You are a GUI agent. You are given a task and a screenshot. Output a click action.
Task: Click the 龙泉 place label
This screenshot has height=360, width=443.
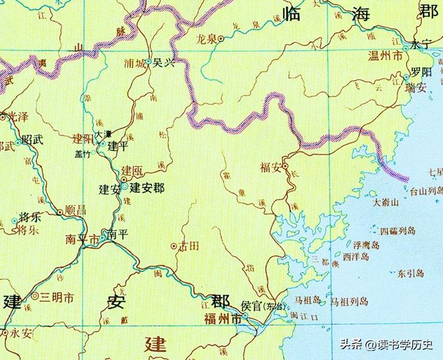(206, 39)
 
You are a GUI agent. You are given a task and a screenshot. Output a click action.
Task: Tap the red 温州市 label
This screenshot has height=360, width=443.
(386, 56)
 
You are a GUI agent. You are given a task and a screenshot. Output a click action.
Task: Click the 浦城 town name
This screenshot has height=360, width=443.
(134, 63)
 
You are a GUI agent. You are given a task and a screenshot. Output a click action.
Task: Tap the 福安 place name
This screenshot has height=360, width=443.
(270, 167)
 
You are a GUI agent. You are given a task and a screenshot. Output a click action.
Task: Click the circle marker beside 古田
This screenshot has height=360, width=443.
(174, 246)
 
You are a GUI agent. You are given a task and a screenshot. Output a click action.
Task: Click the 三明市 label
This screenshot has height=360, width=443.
(57, 298)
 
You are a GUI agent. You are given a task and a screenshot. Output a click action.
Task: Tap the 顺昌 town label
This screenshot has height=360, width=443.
(75, 209)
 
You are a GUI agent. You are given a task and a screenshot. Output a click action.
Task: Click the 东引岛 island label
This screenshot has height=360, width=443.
(411, 273)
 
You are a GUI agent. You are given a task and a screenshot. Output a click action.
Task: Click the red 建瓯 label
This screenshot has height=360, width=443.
(132, 171)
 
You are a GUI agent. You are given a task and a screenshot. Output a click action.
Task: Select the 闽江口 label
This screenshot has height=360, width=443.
(304, 316)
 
